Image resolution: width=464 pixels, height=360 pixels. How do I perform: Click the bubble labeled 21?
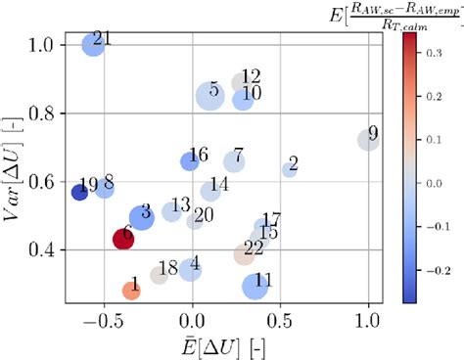(93, 44)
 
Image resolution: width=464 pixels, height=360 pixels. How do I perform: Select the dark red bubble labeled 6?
(123, 238)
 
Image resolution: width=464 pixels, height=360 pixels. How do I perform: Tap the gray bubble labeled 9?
(367, 140)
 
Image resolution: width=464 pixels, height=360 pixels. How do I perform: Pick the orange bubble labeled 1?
(131, 290)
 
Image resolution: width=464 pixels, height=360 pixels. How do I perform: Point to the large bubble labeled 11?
(256, 286)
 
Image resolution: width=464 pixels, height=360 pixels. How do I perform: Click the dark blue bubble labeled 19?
(79, 192)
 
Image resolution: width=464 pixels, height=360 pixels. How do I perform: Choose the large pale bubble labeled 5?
(209, 96)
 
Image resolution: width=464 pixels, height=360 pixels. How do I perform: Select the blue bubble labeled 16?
(190, 161)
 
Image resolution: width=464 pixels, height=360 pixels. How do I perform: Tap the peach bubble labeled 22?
(245, 254)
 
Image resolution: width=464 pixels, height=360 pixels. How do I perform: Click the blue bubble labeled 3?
(142, 217)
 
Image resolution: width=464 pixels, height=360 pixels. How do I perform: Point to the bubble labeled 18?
(159, 275)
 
